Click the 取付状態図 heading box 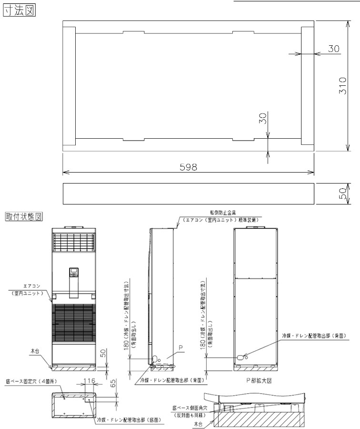coord(24,216)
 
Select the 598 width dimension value coord(189,167)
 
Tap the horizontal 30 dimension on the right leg coord(333,49)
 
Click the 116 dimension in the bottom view coord(89,381)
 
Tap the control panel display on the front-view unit coord(73,273)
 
